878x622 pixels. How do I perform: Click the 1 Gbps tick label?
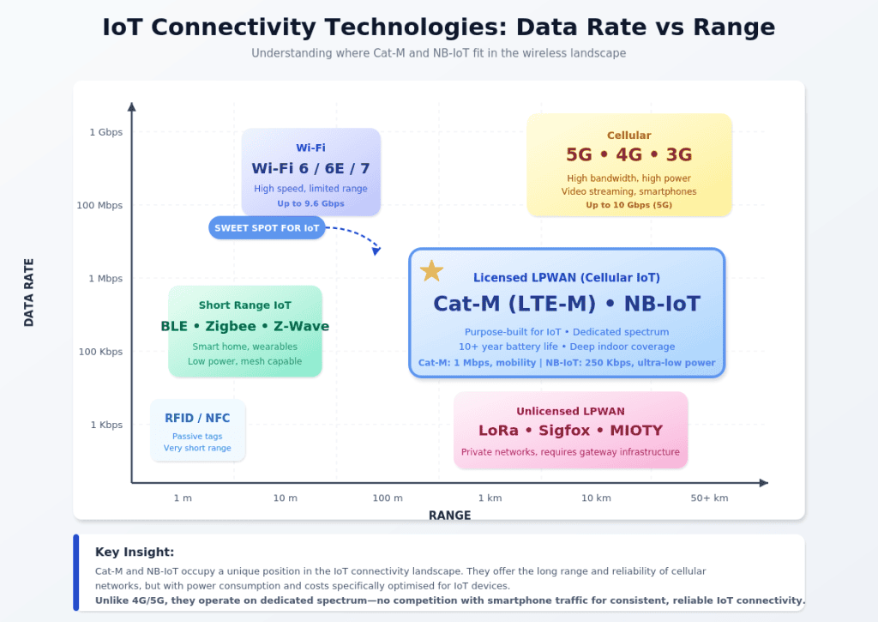point(105,132)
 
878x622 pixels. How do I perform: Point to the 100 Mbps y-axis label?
point(99,205)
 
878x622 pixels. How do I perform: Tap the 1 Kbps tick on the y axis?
point(106,425)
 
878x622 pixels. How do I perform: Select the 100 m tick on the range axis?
point(388,498)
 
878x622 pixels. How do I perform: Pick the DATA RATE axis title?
point(29,293)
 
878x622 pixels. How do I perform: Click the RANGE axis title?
point(449,516)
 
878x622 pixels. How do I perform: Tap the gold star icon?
point(431,271)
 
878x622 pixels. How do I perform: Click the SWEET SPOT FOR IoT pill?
point(267,228)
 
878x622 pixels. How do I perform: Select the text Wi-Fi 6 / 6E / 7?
point(310,168)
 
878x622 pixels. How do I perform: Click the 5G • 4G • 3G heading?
point(628,154)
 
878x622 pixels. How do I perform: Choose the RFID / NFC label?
point(197,419)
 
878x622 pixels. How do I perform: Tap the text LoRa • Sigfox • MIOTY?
point(570,431)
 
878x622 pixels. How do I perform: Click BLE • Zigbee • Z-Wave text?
point(244,327)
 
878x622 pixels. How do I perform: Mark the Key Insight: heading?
point(135,553)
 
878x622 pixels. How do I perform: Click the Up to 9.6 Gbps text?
point(310,204)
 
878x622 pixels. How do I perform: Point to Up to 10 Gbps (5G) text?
point(628,205)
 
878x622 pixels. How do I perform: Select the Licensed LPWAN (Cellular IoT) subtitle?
point(567,278)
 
